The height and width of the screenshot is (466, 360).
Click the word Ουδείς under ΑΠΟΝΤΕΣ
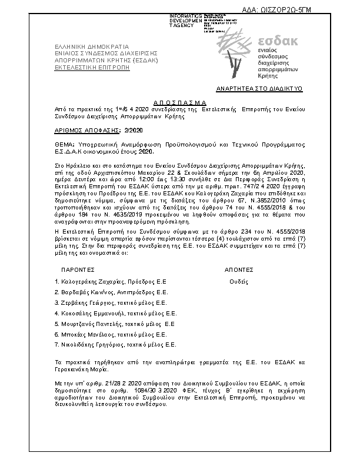[238, 281]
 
